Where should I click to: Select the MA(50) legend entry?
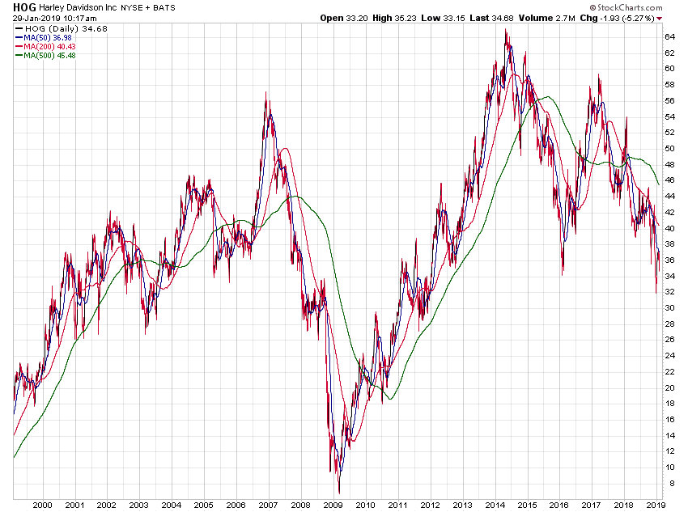point(41,37)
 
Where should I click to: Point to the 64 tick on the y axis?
point(671,36)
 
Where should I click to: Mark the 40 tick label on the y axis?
point(671,228)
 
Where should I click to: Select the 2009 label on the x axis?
point(332,504)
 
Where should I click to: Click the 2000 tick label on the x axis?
point(42,504)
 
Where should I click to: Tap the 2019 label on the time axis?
point(655,504)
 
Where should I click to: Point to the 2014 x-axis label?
point(494,504)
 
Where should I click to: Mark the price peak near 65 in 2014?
point(506,30)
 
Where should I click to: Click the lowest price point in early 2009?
point(339,492)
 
